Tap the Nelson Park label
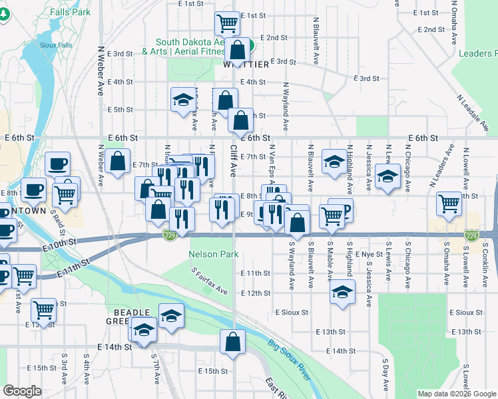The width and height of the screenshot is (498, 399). click(x=214, y=254)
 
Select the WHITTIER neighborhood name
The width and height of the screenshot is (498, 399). click(x=246, y=65)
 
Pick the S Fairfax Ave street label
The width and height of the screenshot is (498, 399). click(x=209, y=281)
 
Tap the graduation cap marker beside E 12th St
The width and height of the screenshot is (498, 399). click(x=342, y=292)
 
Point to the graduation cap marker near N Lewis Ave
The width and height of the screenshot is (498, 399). click(x=387, y=177)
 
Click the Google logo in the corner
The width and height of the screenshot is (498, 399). click(x=22, y=391)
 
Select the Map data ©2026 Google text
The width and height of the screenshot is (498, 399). click(x=457, y=394)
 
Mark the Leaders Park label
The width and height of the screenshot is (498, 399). click(x=479, y=53)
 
